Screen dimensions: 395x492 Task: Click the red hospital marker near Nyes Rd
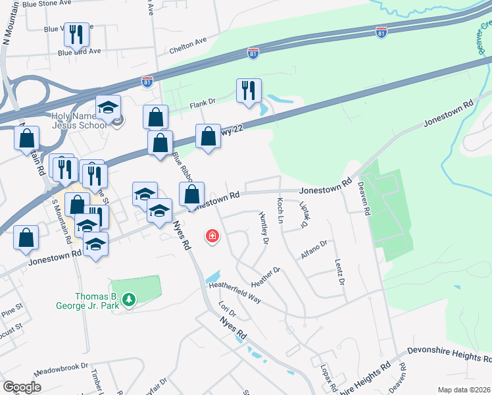click(x=212, y=236)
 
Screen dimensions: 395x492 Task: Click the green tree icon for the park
click(x=130, y=300)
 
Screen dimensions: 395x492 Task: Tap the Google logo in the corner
click(x=22, y=387)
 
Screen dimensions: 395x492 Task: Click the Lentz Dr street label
click(x=339, y=272)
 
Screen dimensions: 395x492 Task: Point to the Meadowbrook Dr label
click(x=61, y=370)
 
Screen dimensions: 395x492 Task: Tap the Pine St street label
click(x=12, y=307)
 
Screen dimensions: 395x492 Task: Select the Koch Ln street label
click(x=280, y=210)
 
